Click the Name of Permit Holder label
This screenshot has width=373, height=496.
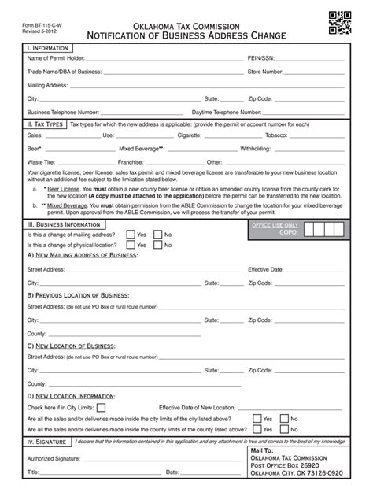pyautogui.click(x=55, y=57)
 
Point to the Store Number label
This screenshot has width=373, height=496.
pyautogui.click(x=265, y=72)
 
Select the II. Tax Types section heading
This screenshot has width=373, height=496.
pyautogui.click(x=44, y=124)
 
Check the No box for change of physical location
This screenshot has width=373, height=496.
pyautogui.click(x=157, y=245)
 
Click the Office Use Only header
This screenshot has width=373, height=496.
pyautogui.click(x=275, y=225)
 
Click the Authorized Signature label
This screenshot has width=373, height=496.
pyautogui.click(x=54, y=457)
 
